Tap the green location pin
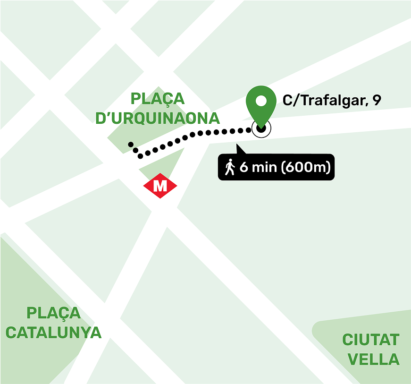pyautogui.click(x=261, y=105)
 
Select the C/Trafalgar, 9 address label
pyautogui.click(x=332, y=100)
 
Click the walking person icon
pyautogui.click(x=230, y=167)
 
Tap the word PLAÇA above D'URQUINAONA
pyautogui.click(x=157, y=99)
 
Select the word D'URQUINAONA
pyautogui.click(x=158, y=118)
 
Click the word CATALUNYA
pyautogui.click(x=53, y=333)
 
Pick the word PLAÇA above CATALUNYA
pyautogui.click(x=53, y=313)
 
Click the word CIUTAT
pyautogui.click(x=370, y=340)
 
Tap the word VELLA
pyautogui.click(x=373, y=359)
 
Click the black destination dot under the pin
pyautogui.click(x=261, y=128)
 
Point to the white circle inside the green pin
pyautogui.click(x=261, y=101)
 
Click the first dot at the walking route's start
pyautogui.click(x=130, y=144)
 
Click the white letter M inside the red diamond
pyautogui.click(x=160, y=186)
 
